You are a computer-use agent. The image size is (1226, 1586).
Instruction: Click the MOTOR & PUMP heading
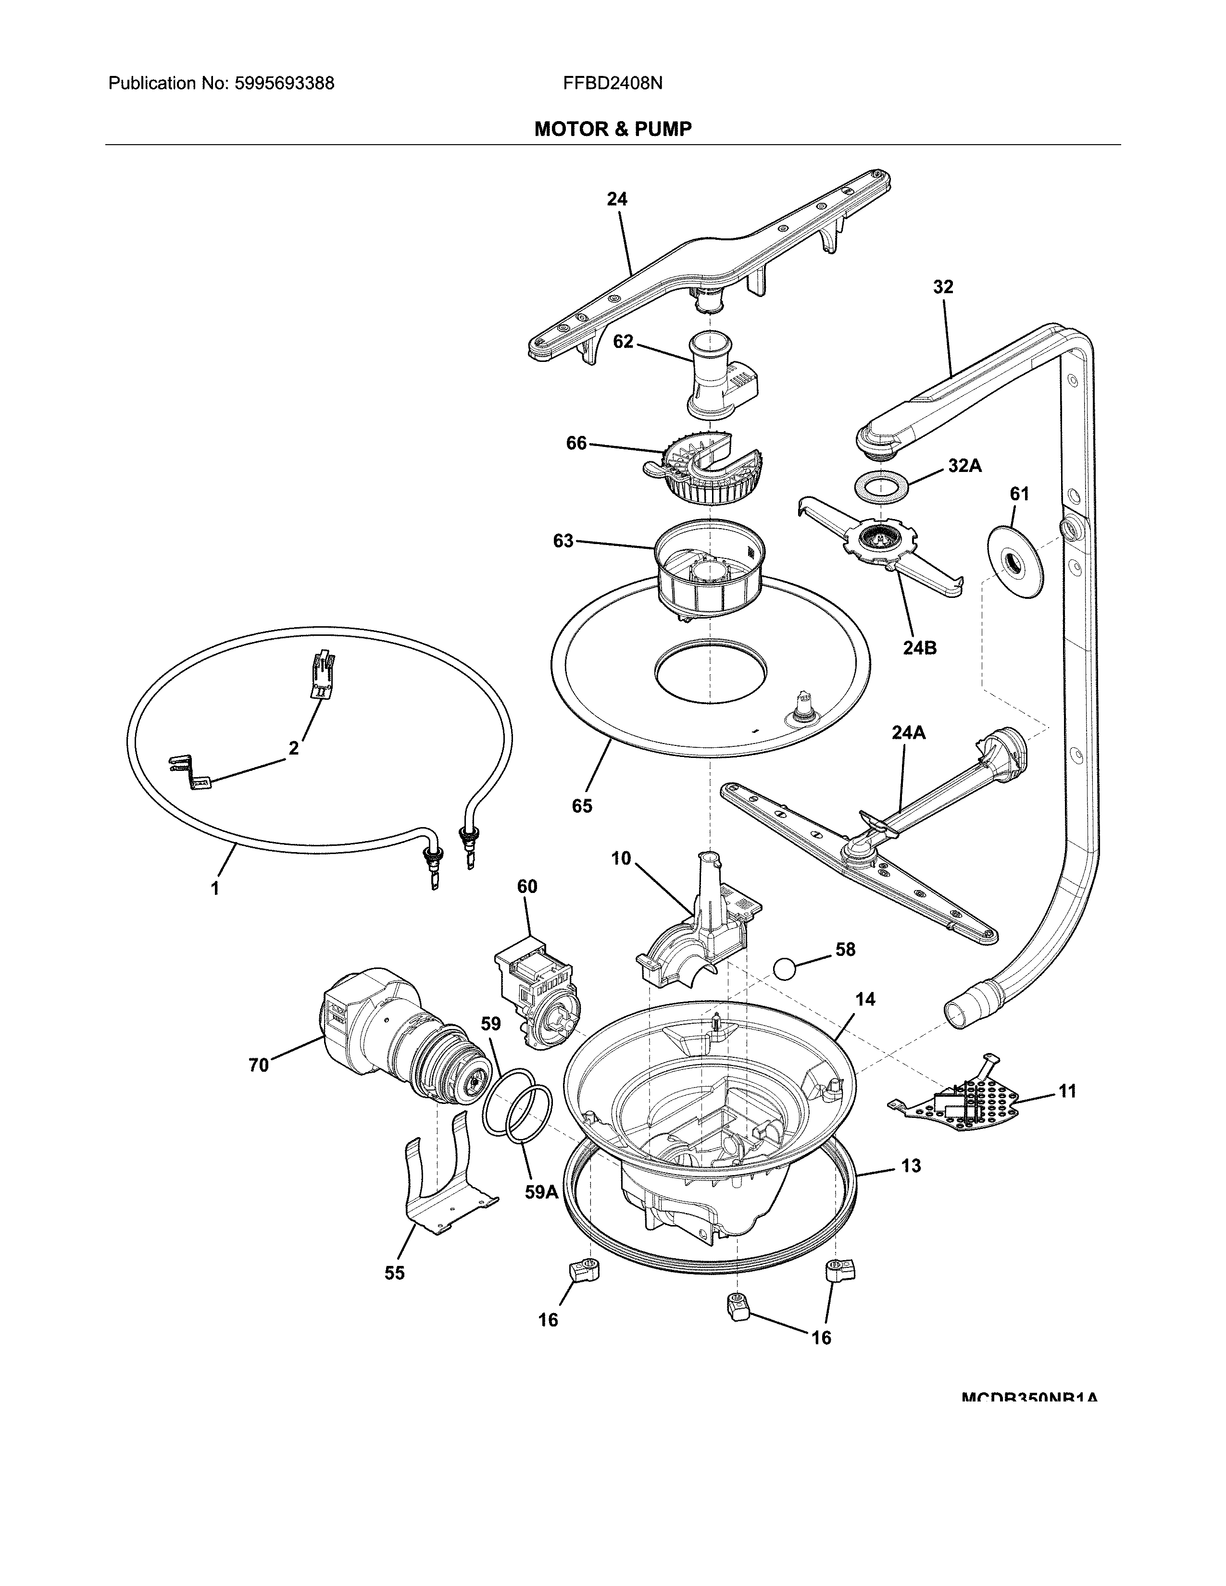tap(612, 129)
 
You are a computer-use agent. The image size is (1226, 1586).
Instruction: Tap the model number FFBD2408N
tap(612, 84)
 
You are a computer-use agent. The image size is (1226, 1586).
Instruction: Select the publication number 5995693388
tap(284, 84)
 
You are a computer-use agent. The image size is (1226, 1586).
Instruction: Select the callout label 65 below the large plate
tap(582, 805)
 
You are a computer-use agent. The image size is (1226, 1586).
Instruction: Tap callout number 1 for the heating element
tap(215, 887)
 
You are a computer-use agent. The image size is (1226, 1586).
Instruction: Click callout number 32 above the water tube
tap(943, 287)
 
